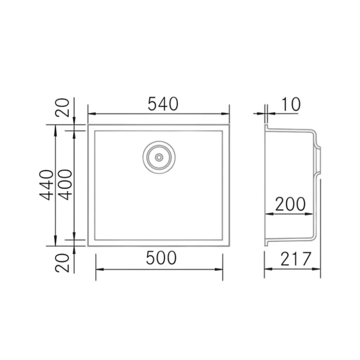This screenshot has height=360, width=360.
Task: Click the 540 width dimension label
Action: point(163,104)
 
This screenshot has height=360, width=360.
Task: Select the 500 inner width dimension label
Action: point(161,258)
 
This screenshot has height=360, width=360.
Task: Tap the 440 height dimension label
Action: point(47,185)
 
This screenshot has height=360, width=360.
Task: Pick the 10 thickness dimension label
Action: point(291,105)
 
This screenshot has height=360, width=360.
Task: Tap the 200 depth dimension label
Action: point(290,204)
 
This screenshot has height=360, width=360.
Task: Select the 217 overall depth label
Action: point(295,259)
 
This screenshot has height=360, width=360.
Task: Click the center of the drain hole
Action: point(159,157)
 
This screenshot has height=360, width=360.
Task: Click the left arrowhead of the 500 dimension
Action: point(99,269)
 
